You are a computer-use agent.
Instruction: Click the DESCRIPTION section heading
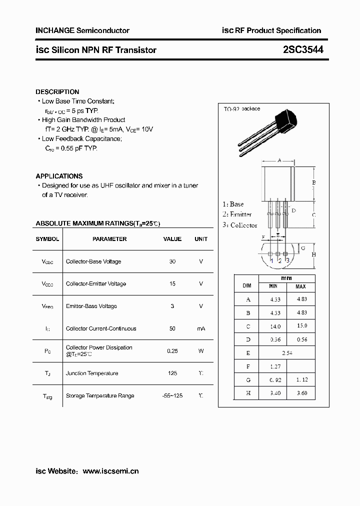[x=57, y=92]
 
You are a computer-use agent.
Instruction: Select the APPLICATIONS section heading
[x=59, y=176]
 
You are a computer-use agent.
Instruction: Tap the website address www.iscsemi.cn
[x=110, y=471]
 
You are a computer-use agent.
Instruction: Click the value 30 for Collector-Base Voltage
[x=172, y=261]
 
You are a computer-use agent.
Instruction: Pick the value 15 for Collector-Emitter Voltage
[x=172, y=283]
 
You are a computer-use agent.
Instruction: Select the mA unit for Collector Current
[x=201, y=328]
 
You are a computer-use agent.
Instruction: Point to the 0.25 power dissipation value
[x=172, y=351]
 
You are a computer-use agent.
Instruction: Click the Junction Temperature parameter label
[x=92, y=373]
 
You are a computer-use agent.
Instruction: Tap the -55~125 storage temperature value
[x=172, y=395]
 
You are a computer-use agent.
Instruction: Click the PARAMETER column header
[x=109, y=239]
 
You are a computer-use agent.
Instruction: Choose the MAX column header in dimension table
[x=300, y=286]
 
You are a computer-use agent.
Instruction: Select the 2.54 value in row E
[x=287, y=352]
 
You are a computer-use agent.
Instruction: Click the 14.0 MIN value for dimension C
[x=275, y=326]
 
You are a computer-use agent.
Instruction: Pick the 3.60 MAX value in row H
[x=301, y=393]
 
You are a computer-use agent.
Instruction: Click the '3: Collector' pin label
[x=240, y=225]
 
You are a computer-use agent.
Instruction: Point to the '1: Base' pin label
[x=233, y=204]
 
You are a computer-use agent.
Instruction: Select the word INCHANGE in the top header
[x=54, y=30]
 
